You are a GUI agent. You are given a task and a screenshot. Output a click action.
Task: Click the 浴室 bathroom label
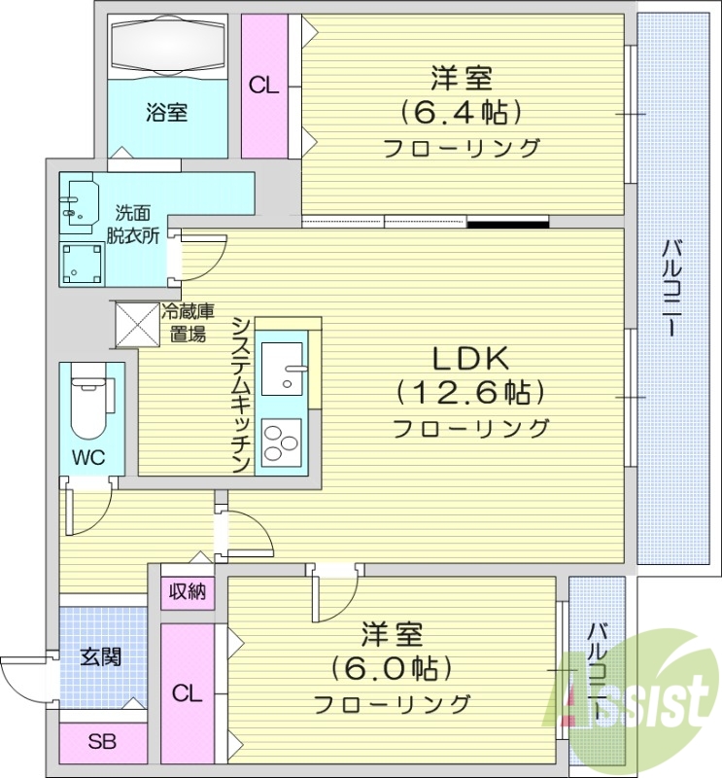pyautogui.click(x=167, y=112)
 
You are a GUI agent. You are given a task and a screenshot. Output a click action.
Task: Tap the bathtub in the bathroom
pyautogui.click(x=167, y=46)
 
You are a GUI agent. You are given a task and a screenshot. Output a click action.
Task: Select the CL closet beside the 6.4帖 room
pyautogui.click(x=263, y=86)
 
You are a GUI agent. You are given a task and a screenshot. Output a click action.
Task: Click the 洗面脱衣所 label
pyautogui.click(x=133, y=223)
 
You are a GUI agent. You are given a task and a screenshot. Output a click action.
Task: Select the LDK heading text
pyautogui.click(x=470, y=358)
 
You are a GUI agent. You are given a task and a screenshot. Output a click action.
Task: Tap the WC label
pyautogui.click(x=90, y=457)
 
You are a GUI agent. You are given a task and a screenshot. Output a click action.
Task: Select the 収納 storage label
pyautogui.click(x=188, y=590)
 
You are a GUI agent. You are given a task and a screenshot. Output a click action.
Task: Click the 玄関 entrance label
pyautogui.click(x=100, y=656)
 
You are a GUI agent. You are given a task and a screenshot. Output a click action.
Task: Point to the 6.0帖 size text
pyautogui.click(x=393, y=669)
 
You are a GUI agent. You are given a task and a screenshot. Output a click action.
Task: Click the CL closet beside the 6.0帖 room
pyautogui.click(x=188, y=693)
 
